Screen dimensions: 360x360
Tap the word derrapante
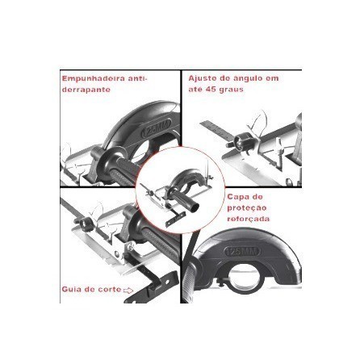pyautogui.click(x=86, y=90)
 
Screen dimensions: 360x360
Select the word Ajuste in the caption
pyautogui.click(x=202, y=78)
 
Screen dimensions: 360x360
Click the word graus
pyautogui.click(x=232, y=89)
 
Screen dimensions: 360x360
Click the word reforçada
pyautogui.click(x=249, y=219)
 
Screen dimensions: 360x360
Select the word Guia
pyautogui.click(x=71, y=290)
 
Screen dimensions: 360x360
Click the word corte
pyautogui.click(x=110, y=290)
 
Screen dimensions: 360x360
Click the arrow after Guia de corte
pyautogui.click(x=128, y=291)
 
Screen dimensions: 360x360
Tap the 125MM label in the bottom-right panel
pyautogui.click(x=242, y=252)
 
